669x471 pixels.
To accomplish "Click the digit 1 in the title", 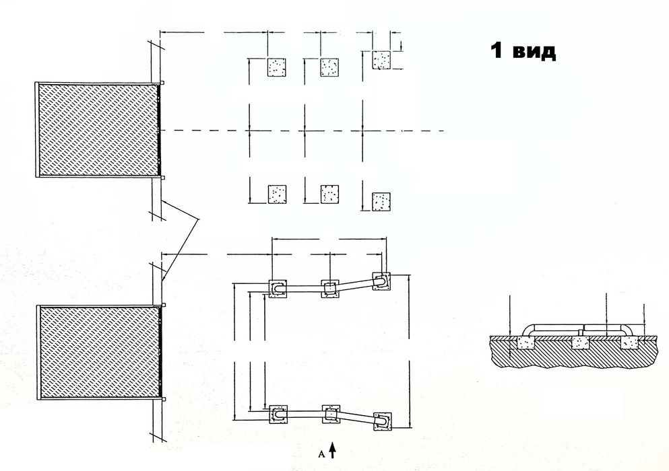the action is (496, 50).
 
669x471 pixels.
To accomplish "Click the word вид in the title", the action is (534, 52).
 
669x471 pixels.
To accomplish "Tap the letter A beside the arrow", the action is (322, 454).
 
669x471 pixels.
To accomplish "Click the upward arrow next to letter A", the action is (333, 450).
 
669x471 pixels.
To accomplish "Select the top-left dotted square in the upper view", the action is (277, 67).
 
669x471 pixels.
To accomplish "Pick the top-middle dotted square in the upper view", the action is (329, 67).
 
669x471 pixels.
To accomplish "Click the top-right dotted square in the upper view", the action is (382, 60).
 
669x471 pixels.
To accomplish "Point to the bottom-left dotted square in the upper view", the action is (277, 194).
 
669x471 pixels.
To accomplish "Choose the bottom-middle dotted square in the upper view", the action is (329, 194).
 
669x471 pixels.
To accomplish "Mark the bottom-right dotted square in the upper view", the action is (381, 202).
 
